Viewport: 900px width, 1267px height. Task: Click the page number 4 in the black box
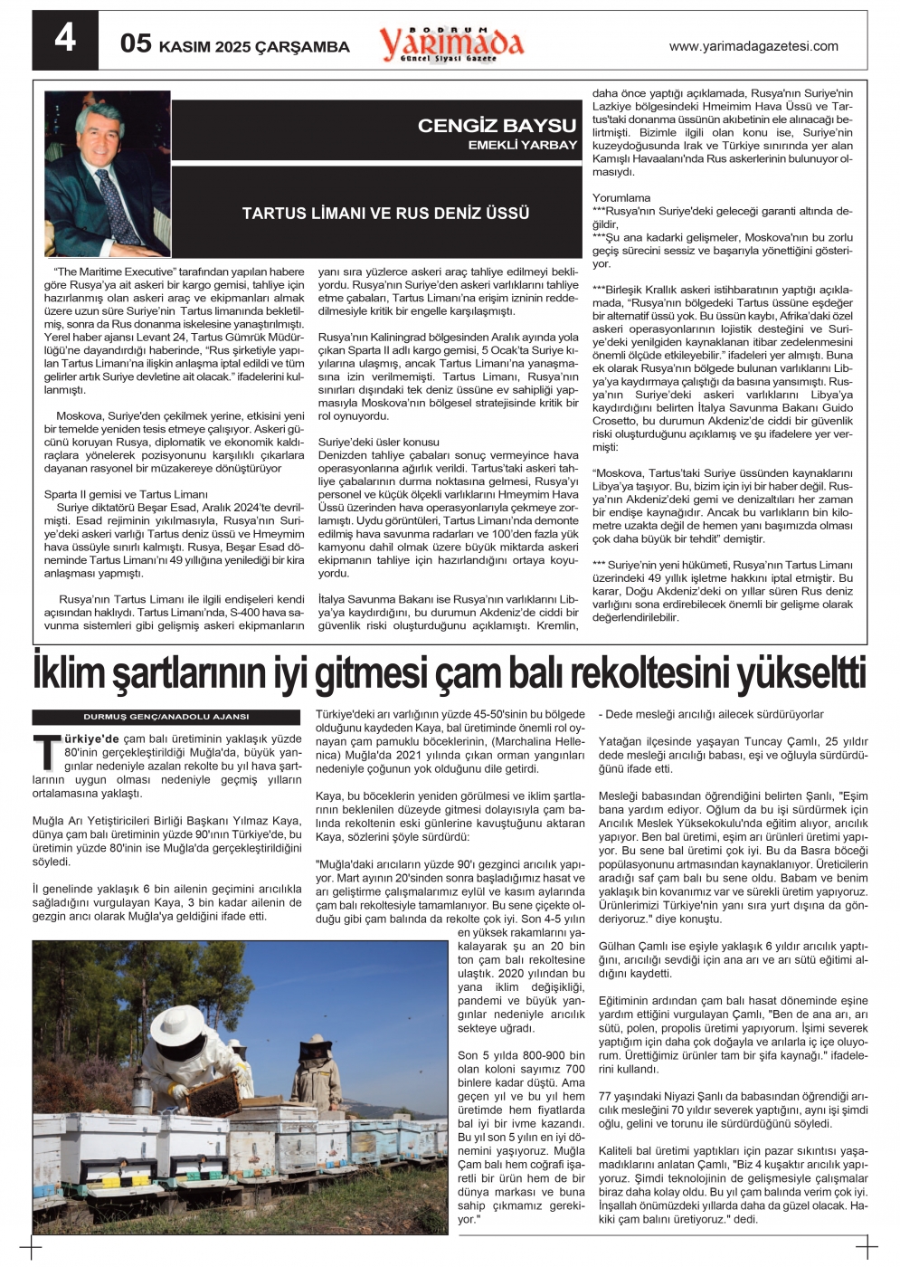click(65, 40)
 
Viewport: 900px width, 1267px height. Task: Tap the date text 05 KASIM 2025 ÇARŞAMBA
click(235, 45)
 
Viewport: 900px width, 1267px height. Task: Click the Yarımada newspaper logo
click(451, 43)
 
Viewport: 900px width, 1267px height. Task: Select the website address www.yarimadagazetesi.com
click(753, 46)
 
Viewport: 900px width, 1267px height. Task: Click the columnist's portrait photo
click(107, 174)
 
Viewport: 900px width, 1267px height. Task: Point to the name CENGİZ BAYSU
click(497, 126)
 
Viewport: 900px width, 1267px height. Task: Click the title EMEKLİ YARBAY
click(522, 145)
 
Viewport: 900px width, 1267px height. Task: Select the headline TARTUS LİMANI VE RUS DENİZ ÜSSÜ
click(385, 214)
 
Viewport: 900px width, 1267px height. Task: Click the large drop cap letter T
click(46, 751)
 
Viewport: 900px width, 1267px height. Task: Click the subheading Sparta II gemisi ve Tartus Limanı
click(126, 494)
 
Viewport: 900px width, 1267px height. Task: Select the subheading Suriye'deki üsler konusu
click(378, 442)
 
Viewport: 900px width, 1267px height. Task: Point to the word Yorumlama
click(621, 197)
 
